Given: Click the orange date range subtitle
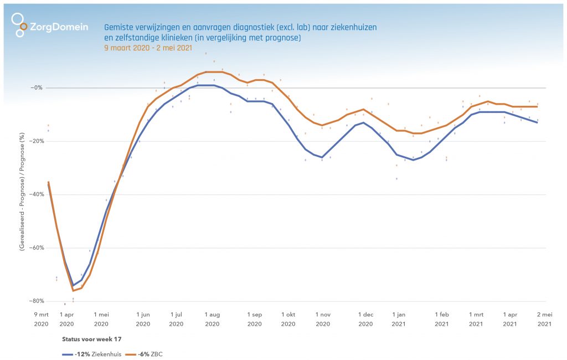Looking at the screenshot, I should coord(148,48).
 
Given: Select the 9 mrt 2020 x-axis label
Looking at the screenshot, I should coord(42,319).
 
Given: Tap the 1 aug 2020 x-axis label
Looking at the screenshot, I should coord(212,319).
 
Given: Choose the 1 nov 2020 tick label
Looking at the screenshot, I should coord(322,319).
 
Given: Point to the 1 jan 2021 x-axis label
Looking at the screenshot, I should coord(399,319).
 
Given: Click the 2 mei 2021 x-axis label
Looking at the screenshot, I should coord(545,319).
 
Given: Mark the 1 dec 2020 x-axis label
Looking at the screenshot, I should coord(365,319).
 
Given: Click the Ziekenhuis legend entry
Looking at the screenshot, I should coord(91,353).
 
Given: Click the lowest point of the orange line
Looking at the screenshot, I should coord(73,291).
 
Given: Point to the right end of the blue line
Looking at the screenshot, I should coord(537,122).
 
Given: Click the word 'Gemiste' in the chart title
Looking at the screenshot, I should coord(118,27).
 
